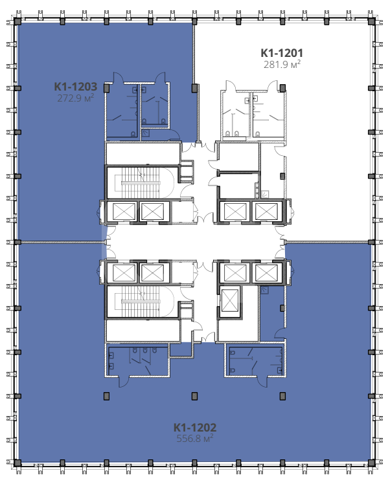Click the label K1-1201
(x=282, y=53)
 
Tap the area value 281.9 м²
(x=282, y=64)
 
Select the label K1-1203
(x=76, y=87)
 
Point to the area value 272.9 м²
(x=75, y=98)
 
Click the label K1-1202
(x=195, y=427)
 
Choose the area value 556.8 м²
(x=195, y=439)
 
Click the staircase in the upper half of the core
(x=141, y=182)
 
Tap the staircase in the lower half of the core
(x=141, y=301)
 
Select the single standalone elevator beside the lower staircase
(x=230, y=300)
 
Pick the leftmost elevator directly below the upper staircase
(x=124, y=212)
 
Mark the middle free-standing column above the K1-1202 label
(x=194, y=396)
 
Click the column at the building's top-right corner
(x=371, y=21)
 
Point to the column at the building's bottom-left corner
(x=17, y=463)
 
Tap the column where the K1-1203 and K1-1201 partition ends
(x=194, y=88)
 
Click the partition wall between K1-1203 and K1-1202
(x=62, y=243)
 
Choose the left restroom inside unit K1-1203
(x=122, y=111)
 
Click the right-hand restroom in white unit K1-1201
(x=267, y=115)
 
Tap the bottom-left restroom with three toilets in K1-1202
(x=137, y=360)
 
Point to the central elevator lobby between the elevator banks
(x=195, y=242)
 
